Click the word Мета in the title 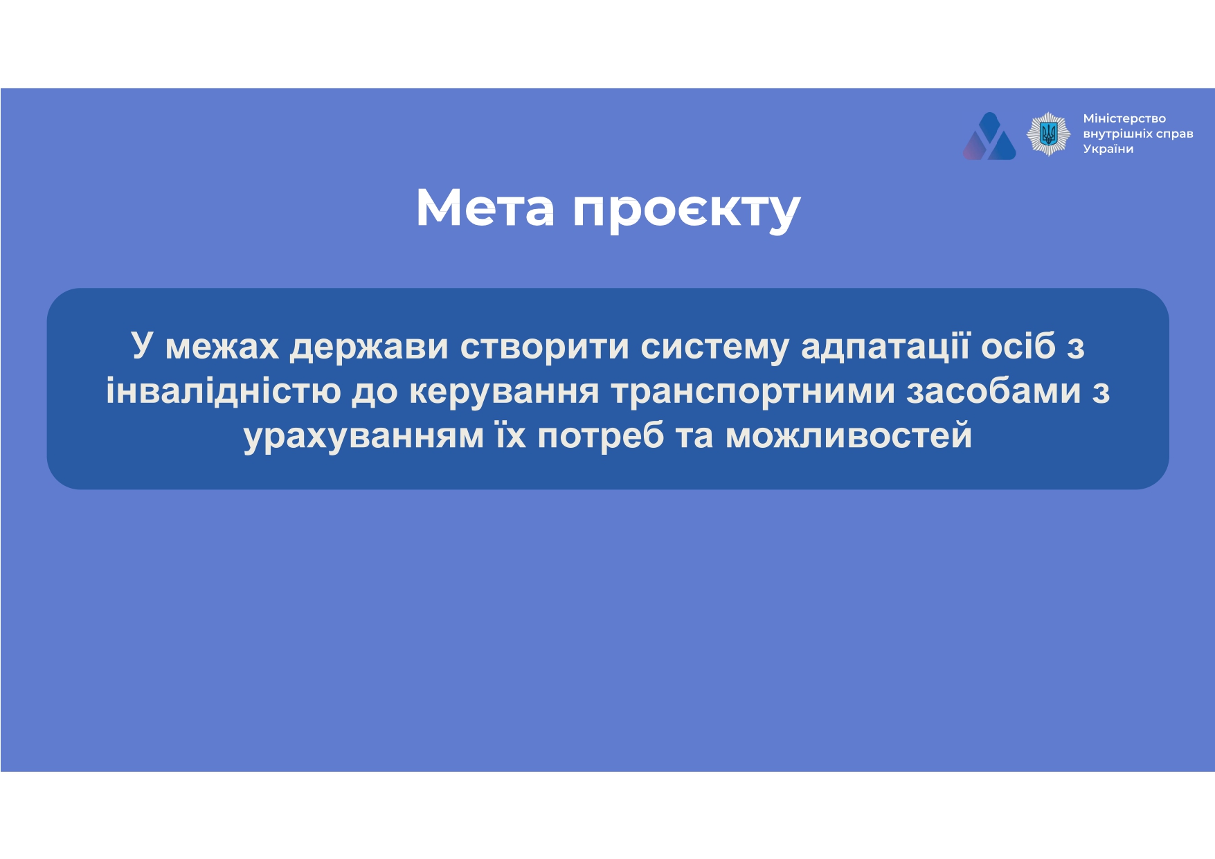pyautogui.click(x=485, y=207)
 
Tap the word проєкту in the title pyautogui.click(x=687, y=210)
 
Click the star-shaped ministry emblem pyautogui.click(x=1048, y=134)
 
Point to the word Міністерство pyautogui.click(x=1124, y=118)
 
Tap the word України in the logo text pyautogui.click(x=1108, y=149)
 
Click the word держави pyautogui.click(x=369, y=347)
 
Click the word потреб pyautogui.click(x=601, y=436)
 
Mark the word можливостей pyautogui.click(x=849, y=436)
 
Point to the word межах pyautogui.click(x=222, y=347)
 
